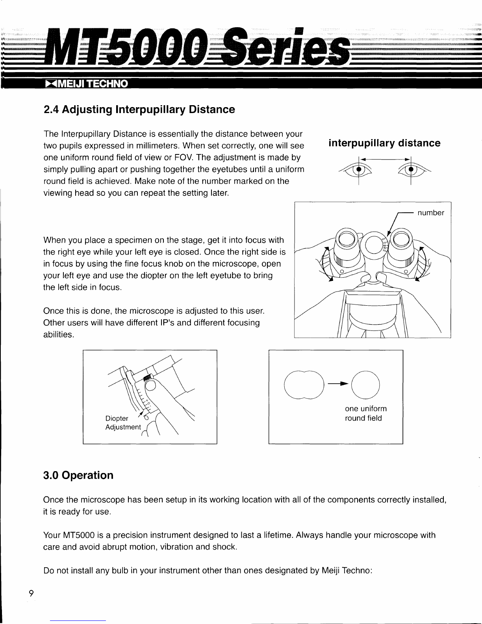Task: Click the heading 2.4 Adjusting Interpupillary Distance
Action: pos(139,110)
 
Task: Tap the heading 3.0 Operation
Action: pos(78,475)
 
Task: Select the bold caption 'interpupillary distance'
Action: pos(384,143)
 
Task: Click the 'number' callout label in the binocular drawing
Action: pos(431,213)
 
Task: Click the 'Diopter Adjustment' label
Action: pos(123,423)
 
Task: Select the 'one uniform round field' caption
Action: pos(366,413)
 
